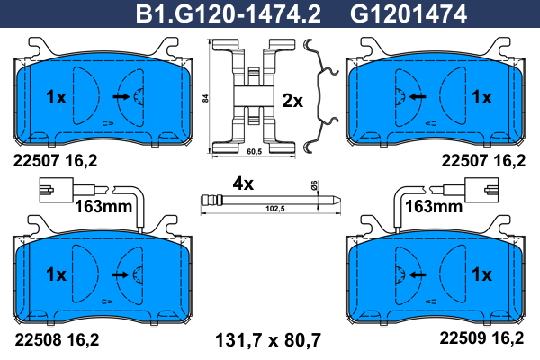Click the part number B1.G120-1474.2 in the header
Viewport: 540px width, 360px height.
[x=229, y=13]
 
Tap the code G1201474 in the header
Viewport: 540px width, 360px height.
[x=409, y=13]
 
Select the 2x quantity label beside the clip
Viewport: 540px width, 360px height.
[x=292, y=101]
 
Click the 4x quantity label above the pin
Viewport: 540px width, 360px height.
[x=243, y=184]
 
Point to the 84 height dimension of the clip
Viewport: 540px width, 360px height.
[x=205, y=98]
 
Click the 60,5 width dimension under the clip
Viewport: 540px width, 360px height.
[x=254, y=151]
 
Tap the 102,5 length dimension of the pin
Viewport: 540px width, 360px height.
[x=275, y=209]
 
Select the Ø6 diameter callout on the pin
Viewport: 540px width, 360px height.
[x=314, y=185]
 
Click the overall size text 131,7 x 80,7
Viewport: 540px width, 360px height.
[x=268, y=340]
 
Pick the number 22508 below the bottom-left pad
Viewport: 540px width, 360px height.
[x=38, y=339]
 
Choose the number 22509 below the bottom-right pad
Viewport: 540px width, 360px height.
[x=463, y=338]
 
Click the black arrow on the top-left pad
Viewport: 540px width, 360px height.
[x=121, y=97]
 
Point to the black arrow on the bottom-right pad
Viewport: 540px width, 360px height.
[x=418, y=274]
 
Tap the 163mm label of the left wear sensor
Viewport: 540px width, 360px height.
[x=103, y=207]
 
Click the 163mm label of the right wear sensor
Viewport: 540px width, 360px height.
[x=434, y=207]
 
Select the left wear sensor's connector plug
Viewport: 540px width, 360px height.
[x=57, y=190]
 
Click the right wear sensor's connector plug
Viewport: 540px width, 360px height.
[x=481, y=190]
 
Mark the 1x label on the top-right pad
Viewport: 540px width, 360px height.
[x=482, y=97]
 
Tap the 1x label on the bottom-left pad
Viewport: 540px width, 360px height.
[x=56, y=274]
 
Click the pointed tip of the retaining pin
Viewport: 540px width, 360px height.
[x=340, y=200]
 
